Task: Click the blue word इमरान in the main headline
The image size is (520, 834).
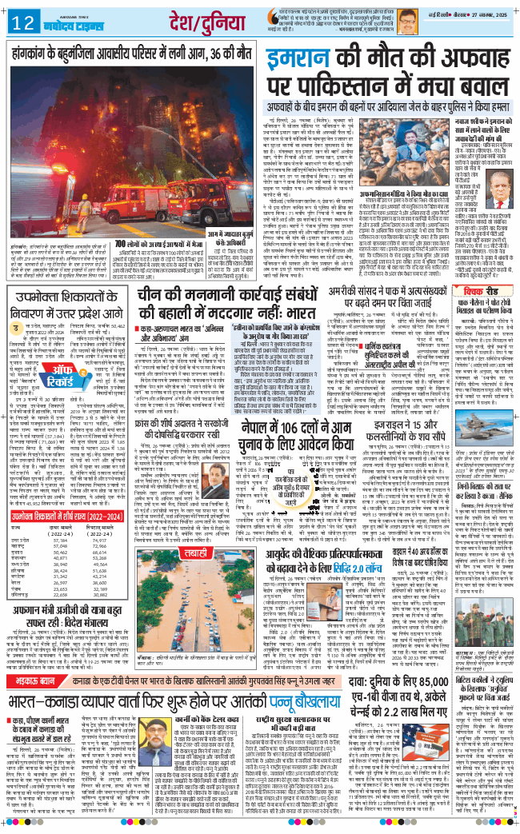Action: [310, 62]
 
